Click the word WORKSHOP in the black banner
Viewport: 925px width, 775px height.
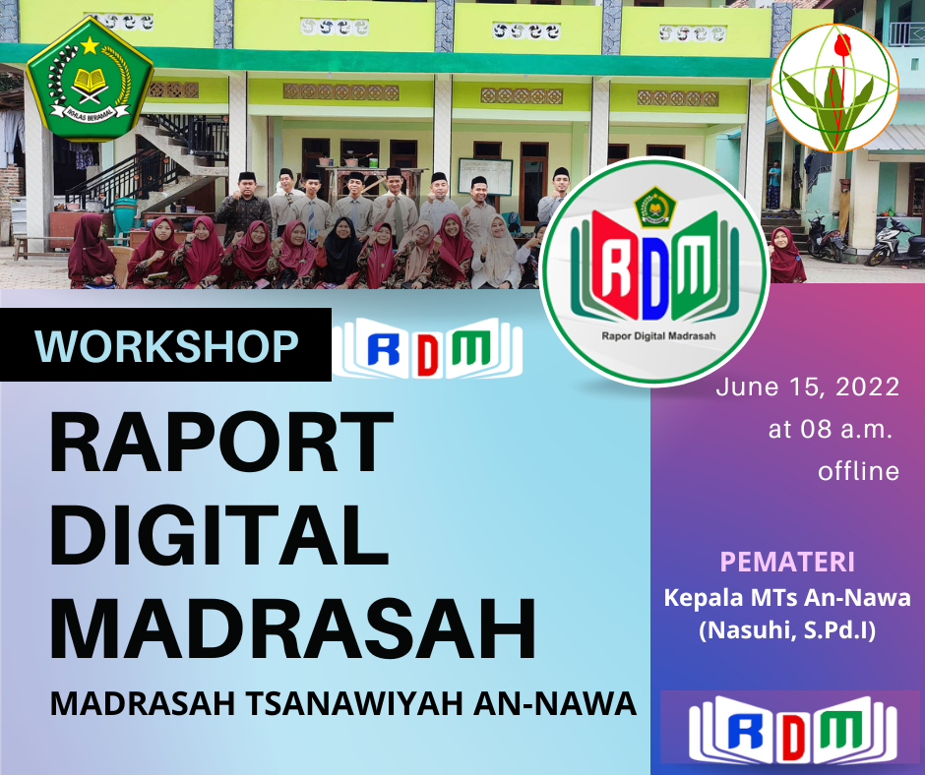coord(167,345)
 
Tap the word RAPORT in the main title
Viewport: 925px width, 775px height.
coord(221,443)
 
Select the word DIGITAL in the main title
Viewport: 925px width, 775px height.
coord(218,536)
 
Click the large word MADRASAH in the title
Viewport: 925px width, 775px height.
coord(292,629)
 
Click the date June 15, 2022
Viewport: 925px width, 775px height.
coord(808,387)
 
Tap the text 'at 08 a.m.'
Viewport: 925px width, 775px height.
coord(829,430)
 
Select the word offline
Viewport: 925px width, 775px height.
coord(858,471)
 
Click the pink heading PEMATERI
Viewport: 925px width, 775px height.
coord(787,563)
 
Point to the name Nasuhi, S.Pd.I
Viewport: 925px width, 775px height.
coord(787,629)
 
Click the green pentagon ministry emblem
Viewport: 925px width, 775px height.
coord(91,79)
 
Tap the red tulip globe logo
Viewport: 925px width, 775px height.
coord(834,88)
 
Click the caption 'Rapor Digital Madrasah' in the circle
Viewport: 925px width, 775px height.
coord(658,336)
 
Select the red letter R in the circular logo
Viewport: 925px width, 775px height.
coord(613,266)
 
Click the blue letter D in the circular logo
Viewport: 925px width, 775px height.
coord(654,277)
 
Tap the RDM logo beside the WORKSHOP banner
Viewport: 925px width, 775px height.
coord(428,348)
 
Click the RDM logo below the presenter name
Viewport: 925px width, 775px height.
coord(793,730)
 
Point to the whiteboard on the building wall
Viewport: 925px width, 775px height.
coord(485,176)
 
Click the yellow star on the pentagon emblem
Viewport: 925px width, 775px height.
coord(90,45)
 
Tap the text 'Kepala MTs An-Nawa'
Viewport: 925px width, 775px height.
coord(787,597)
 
